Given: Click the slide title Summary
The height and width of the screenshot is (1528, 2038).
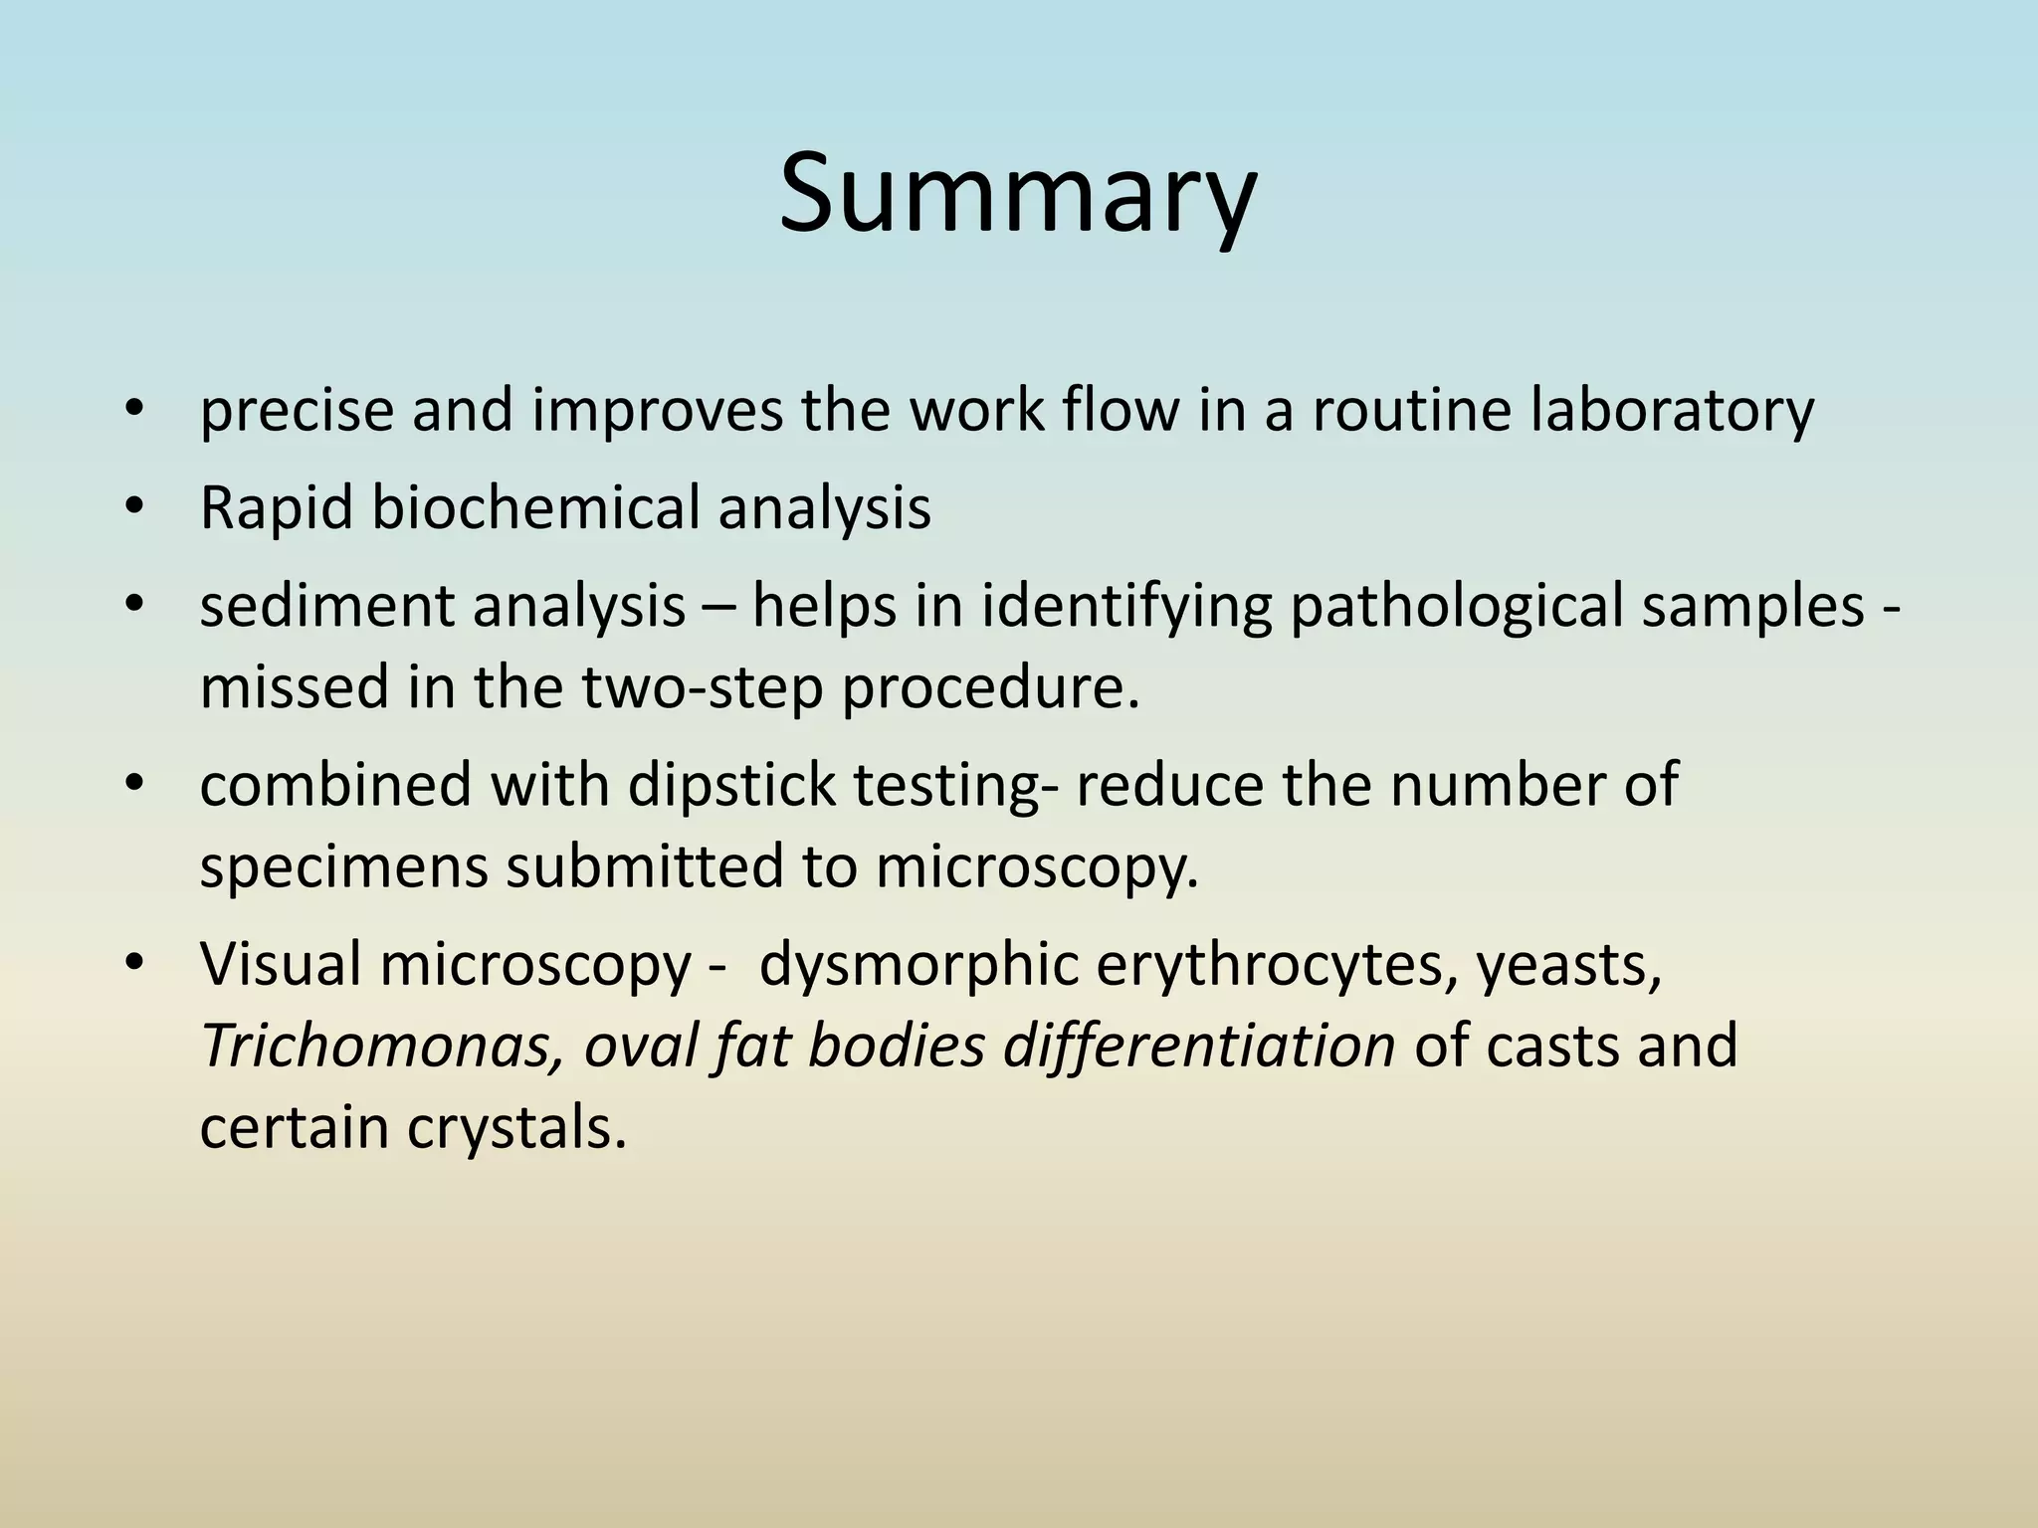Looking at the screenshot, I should tap(1017, 194).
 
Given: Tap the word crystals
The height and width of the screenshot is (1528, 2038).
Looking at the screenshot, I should tap(516, 1127).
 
